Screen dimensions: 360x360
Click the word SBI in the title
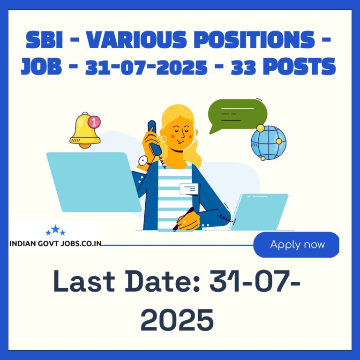44,39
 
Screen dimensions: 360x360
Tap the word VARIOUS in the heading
136,39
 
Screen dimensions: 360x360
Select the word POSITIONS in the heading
255,39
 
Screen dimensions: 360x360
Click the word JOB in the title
41,66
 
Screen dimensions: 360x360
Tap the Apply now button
296,245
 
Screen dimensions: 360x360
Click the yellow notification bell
85,130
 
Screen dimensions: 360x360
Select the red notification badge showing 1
94,122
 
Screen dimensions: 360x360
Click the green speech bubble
237,115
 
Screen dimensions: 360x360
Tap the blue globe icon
269,142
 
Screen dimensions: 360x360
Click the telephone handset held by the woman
155,138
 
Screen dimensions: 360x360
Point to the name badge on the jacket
189,189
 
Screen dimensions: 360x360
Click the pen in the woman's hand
183,219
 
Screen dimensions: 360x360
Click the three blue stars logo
55,230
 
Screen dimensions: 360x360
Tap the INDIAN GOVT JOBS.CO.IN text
55,243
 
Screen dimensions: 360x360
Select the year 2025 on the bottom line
177,320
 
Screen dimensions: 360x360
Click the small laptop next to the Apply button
259,212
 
